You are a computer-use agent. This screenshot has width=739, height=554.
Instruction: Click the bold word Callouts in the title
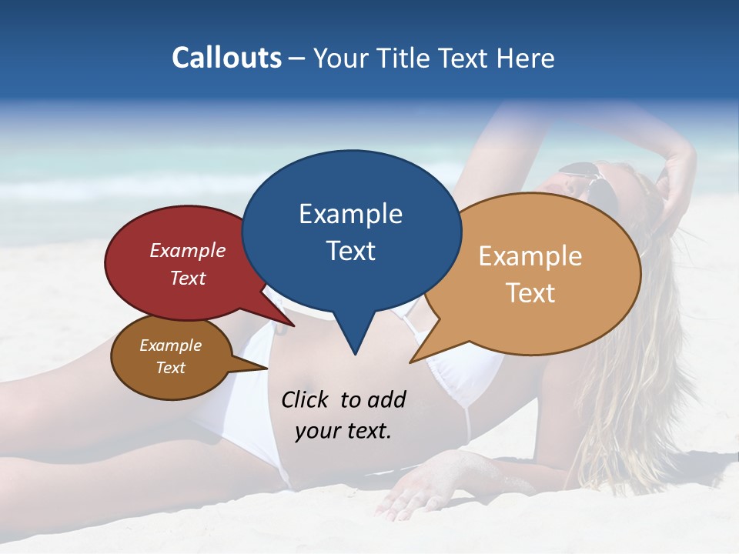(226, 58)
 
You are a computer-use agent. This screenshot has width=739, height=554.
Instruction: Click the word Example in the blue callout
(350, 214)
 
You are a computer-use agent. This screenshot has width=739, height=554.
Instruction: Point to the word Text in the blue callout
(350, 251)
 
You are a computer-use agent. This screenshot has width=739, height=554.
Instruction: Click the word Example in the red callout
(188, 250)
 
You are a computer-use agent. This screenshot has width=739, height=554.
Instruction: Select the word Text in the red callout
(188, 278)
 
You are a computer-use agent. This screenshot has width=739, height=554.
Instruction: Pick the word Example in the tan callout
(530, 256)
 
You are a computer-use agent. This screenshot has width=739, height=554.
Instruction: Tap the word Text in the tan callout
(530, 293)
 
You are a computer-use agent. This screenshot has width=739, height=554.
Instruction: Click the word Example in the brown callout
(170, 345)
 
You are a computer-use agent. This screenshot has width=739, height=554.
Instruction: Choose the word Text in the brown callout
(170, 368)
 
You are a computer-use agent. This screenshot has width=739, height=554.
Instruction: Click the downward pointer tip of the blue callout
(354, 354)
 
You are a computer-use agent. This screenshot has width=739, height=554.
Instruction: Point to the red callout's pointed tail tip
(294, 325)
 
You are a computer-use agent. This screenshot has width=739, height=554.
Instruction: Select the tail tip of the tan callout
(410, 362)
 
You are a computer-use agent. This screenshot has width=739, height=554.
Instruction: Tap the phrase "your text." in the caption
(343, 431)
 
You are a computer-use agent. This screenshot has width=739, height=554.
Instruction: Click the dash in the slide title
(297, 58)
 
